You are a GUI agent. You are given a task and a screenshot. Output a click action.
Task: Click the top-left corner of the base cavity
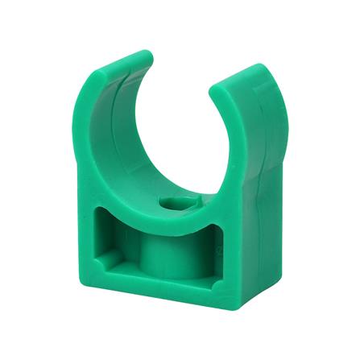point(106,209)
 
